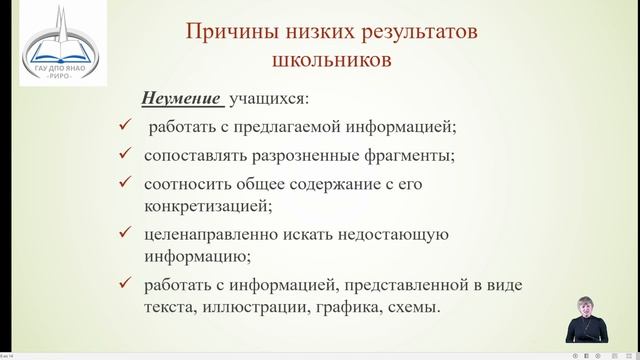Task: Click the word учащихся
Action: [270, 99]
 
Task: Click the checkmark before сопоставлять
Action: [123, 155]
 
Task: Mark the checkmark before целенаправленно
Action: [123, 233]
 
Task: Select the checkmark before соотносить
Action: [123, 183]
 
